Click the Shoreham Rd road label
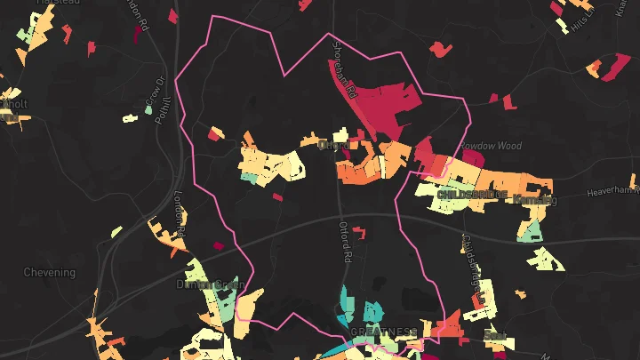[344, 68]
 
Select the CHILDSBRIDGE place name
[473, 193]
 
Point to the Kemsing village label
[535, 201]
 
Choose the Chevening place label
[49, 272]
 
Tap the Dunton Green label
[210, 285]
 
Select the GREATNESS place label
[383, 332]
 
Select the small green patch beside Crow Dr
[131, 116]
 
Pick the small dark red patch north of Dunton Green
[218, 245]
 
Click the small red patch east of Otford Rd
[359, 233]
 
